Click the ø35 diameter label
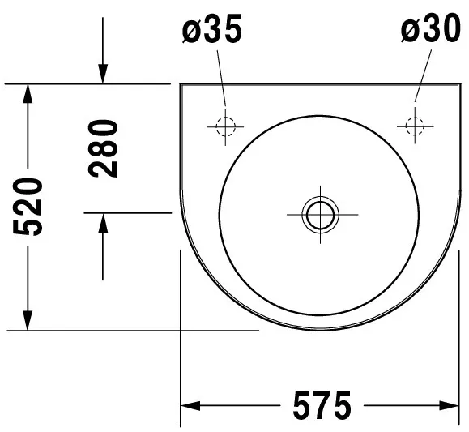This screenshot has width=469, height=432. tap(212, 28)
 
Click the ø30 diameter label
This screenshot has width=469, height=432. tap(431, 28)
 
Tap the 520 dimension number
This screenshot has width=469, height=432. tap(28, 207)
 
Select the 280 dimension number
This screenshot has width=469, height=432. tap(103, 148)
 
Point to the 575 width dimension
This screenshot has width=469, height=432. tap(322, 405)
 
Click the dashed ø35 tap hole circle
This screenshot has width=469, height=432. tap(225, 118)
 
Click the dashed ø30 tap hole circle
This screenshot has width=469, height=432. tap(415, 118)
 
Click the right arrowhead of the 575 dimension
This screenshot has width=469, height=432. tap(449, 405)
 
